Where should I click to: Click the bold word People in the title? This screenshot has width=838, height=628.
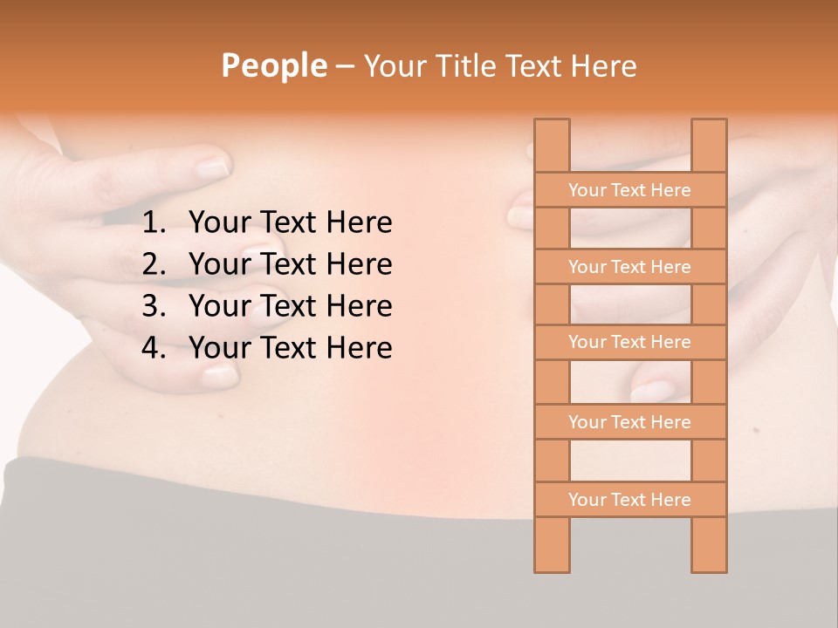pyautogui.click(x=273, y=65)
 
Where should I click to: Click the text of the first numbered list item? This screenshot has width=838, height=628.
pyautogui.click(x=290, y=223)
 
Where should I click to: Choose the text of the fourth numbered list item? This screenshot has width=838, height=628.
pyautogui.click(x=290, y=348)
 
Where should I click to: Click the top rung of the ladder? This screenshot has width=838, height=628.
pyautogui.click(x=629, y=190)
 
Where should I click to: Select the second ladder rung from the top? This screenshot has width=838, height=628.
pyautogui.click(x=629, y=267)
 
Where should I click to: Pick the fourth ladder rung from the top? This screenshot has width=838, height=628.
pyautogui.click(x=629, y=422)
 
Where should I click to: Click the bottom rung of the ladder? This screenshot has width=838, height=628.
pyautogui.click(x=629, y=500)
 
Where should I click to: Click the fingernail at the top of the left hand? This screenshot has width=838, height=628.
pyautogui.click(x=212, y=166)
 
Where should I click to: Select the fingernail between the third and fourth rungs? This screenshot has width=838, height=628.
pyautogui.click(x=653, y=391)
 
